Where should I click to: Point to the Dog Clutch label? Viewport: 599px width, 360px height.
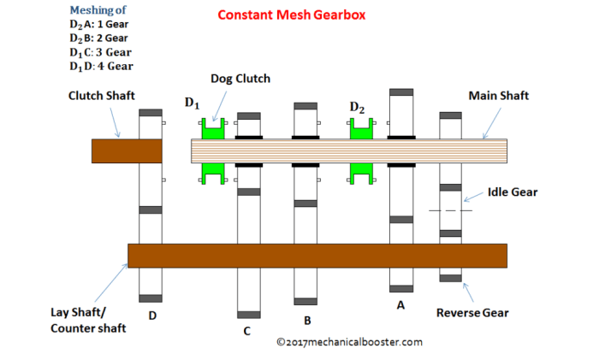240,79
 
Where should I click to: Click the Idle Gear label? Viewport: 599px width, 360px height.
513,192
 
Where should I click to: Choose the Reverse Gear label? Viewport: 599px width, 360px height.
472,313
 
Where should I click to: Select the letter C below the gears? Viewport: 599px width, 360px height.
246,331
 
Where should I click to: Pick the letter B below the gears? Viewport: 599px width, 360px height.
306,322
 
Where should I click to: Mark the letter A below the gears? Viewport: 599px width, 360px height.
399,304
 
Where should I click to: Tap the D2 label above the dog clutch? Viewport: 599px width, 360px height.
358,107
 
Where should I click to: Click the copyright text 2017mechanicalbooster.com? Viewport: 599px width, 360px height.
349,342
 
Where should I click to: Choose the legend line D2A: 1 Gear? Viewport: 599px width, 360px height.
102,25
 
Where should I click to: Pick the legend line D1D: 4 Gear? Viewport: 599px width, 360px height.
102,66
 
